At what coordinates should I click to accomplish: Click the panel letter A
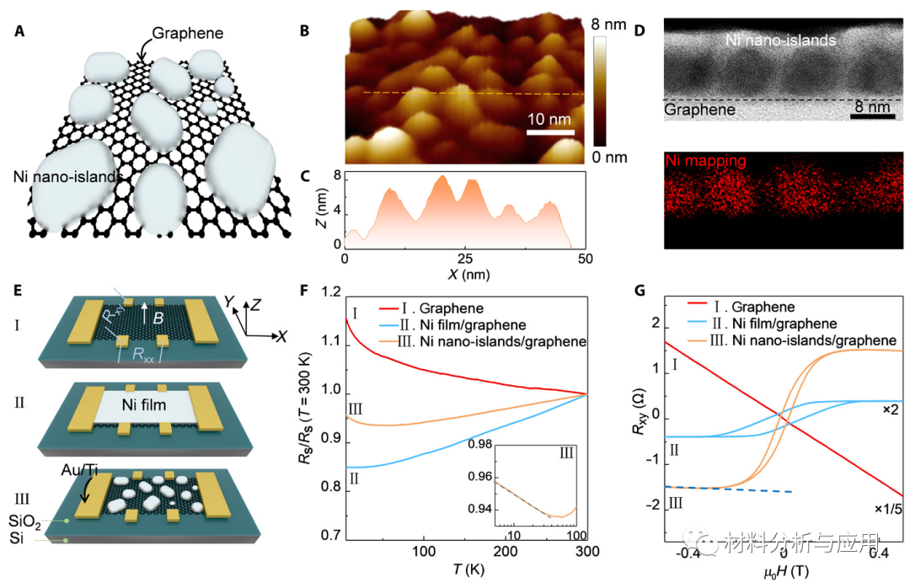[x=19, y=35]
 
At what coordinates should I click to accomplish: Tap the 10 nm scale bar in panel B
[x=550, y=131]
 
